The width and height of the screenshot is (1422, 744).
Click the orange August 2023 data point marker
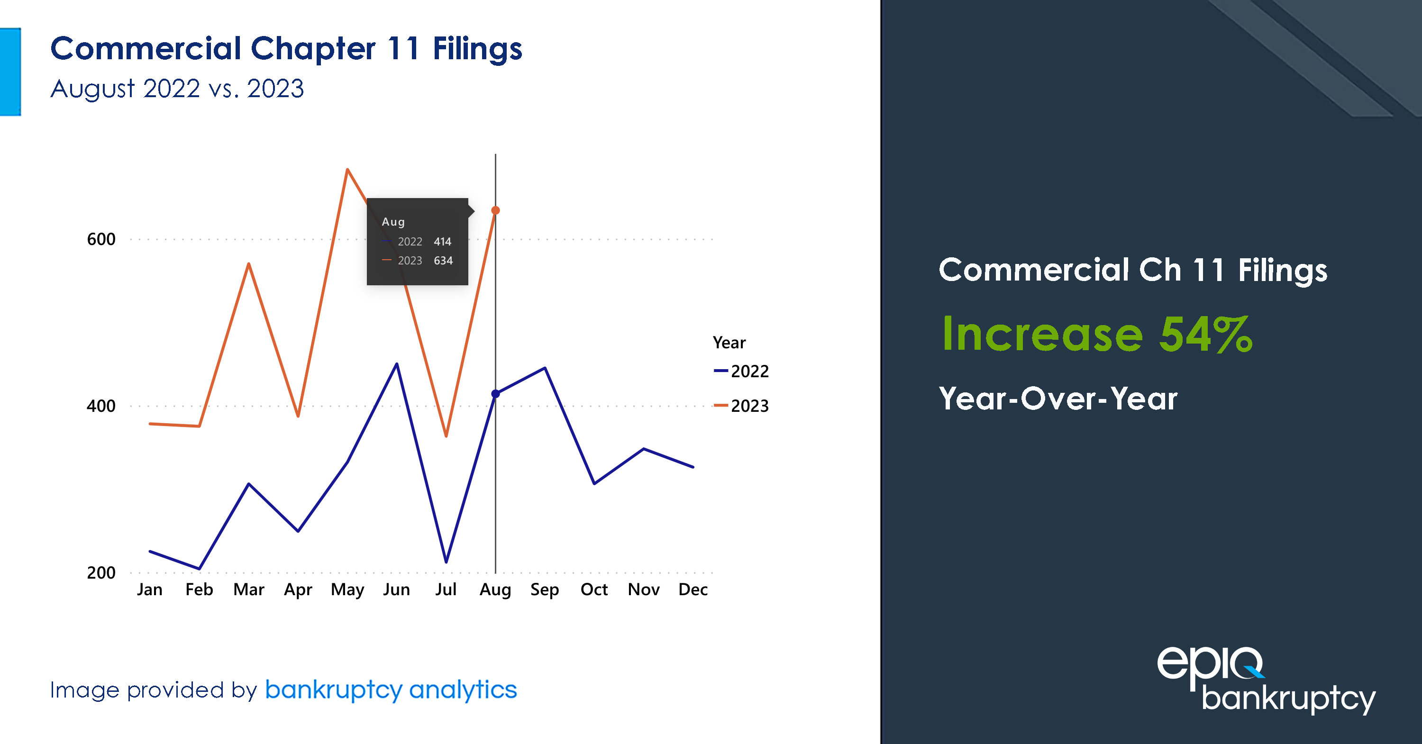click(496, 210)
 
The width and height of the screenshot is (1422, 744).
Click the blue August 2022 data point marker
click(496, 393)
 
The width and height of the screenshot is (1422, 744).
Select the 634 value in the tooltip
click(443, 261)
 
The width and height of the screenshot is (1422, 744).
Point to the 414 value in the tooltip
click(442, 242)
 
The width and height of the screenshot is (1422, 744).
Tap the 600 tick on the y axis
click(101, 239)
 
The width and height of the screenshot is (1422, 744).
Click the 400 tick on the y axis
click(101, 406)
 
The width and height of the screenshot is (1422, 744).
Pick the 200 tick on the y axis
click(101, 572)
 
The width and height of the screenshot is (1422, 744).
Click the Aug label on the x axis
click(495, 590)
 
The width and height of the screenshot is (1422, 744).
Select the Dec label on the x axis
click(693, 590)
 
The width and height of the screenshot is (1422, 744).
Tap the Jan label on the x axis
click(150, 590)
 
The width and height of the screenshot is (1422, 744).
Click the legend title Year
click(729, 343)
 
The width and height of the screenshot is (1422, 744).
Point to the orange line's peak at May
click(347, 170)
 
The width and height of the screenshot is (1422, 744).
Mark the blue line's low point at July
click(446, 562)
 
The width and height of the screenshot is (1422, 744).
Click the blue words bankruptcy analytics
click(391, 690)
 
